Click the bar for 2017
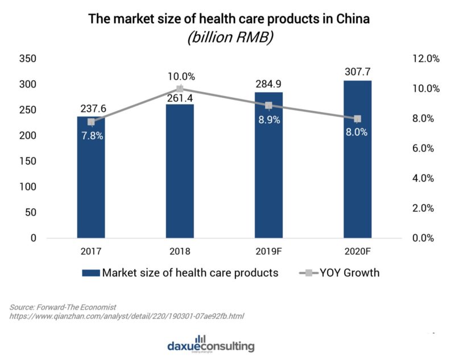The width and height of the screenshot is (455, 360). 91,182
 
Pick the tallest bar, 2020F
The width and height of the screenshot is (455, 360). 357,159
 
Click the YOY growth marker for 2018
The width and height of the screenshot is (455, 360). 180,89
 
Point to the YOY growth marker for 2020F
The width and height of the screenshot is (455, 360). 357,119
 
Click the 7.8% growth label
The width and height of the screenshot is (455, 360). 91,136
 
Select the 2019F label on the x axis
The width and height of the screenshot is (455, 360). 268,251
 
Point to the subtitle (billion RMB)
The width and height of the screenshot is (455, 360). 229,39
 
